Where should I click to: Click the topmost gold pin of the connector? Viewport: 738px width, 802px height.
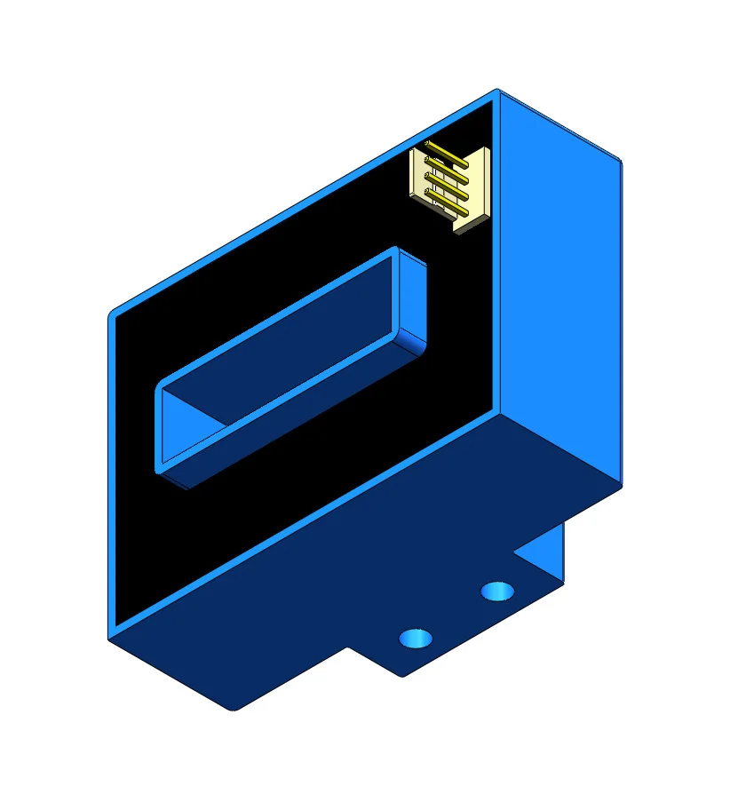447,153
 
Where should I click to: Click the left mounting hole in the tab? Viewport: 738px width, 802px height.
415,637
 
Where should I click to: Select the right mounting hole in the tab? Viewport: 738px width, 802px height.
496,591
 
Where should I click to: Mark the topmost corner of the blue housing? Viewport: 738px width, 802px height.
497,91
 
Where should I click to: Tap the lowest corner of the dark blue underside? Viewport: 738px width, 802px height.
234,709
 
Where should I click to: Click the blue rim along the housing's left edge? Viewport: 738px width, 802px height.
112,471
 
